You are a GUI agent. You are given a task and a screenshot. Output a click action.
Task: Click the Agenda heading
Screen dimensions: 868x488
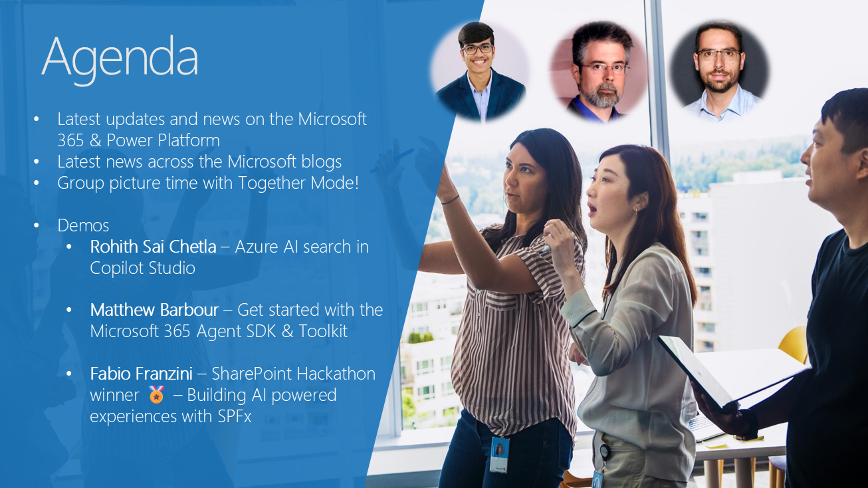click(120, 58)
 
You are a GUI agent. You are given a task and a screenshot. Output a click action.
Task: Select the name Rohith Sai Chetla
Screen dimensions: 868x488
click(153, 247)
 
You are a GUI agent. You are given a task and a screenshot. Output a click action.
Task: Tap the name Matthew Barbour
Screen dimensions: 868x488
click(154, 310)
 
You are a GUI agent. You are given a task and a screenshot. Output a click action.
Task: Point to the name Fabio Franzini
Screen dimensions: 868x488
click(141, 374)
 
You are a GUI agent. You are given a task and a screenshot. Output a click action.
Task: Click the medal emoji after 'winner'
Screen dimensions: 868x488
click(157, 394)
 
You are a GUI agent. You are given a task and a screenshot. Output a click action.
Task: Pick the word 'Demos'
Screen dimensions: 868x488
click(83, 225)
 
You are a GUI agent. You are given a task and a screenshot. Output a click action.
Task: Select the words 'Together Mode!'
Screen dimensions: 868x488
click(299, 183)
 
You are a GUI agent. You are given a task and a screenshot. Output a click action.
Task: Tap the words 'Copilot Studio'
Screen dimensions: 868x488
click(143, 268)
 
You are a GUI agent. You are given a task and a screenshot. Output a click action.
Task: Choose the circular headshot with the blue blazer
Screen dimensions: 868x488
click(480, 71)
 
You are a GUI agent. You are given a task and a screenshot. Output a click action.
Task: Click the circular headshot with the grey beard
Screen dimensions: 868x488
click(599, 72)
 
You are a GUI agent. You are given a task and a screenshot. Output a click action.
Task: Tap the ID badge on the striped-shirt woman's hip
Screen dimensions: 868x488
click(499, 455)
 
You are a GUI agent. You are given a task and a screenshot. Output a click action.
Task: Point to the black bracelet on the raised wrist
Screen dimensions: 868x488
click(449, 199)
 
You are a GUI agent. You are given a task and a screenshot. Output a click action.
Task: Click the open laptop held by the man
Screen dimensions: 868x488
click(728, 372)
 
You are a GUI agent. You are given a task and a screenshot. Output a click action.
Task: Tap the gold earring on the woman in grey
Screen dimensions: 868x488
click(636, 212)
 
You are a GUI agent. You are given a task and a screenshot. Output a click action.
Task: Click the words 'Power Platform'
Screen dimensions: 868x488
click(163, 140)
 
